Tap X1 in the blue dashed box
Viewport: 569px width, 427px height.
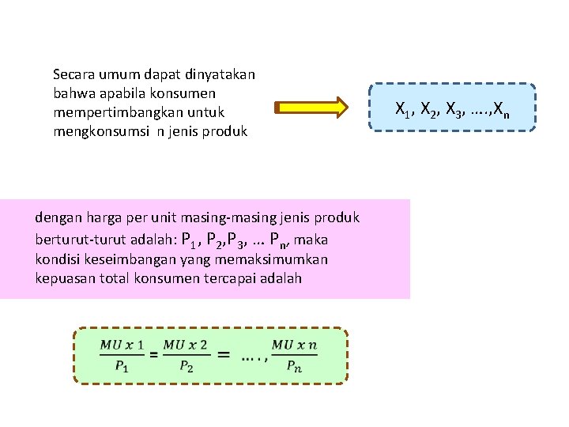click(x=401, y=108)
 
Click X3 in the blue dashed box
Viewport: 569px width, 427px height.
click(x=452, y=108)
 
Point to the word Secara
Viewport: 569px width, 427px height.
click(x=73, y=75)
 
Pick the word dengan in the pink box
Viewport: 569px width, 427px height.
click(x=56, y=217)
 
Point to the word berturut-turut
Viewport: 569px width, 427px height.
click(x=75, y=239)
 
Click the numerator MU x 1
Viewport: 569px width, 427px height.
click(x=122, y=345)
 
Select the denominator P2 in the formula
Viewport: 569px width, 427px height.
click(x=186, y=366)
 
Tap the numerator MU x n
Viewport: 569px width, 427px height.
click(x=294, y=345)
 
